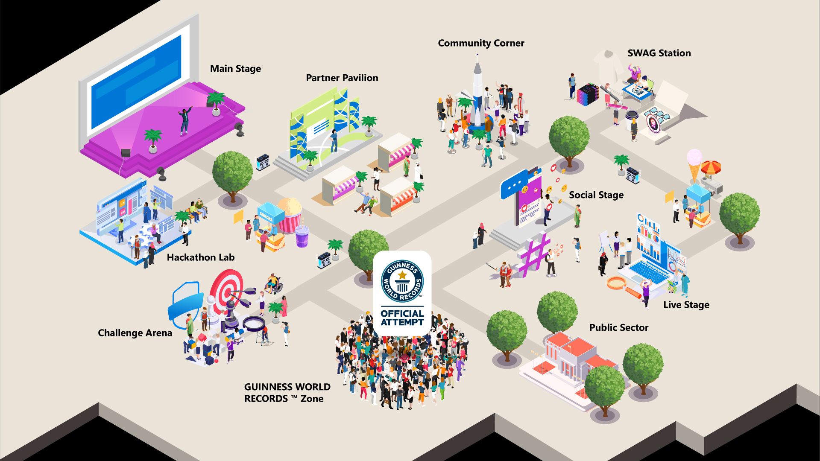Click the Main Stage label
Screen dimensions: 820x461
235,69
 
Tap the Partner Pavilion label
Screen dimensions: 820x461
342,78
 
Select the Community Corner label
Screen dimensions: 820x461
481,43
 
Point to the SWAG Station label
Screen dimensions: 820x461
659,53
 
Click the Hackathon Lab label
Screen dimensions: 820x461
201,257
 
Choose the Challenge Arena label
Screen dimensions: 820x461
135,333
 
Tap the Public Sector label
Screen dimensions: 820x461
619,327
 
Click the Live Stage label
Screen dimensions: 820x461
686,305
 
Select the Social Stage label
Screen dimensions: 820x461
596,195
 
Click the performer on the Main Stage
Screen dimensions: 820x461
185,121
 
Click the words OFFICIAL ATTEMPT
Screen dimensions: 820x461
402,318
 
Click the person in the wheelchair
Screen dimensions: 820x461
272,284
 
